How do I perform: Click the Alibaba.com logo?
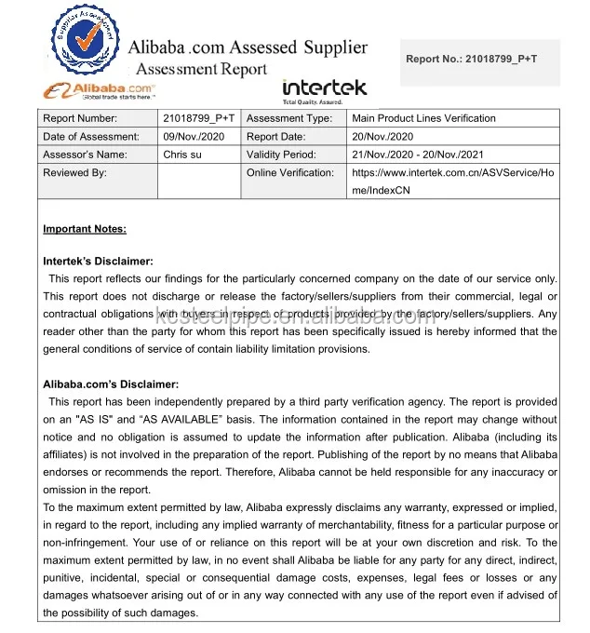click(x=99, y=90)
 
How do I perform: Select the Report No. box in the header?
click(x=481, y=60)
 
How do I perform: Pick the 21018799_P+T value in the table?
click(x=199, y=118)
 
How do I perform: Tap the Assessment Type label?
click(x=289, y=118)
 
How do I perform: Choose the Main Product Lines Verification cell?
click(x=423, y=118)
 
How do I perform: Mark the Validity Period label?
click(x=281, y=155)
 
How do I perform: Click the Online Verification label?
click(x=290, y=172)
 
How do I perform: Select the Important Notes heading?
click(x=85, y=229)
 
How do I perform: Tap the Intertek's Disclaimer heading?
click(x=98, y=263)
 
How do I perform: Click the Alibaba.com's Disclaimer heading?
click(x=111, y=384)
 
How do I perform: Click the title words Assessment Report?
click(x=202, y=69)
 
